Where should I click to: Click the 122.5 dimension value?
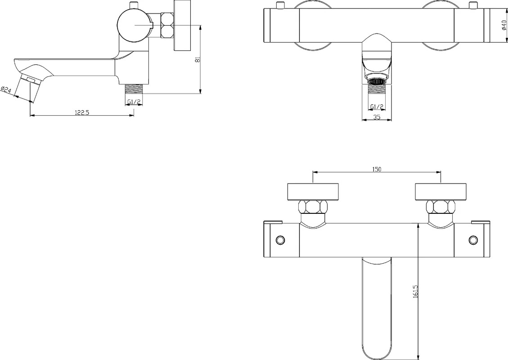coord(81,112)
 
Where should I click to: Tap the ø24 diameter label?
coord(6,90)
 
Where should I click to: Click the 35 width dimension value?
coord(377,117)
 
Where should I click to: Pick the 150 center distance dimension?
coord(377,169)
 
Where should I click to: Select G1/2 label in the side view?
coord(134,102)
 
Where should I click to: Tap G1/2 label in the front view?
coord(377,107)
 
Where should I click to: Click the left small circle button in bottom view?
coord(279,240)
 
